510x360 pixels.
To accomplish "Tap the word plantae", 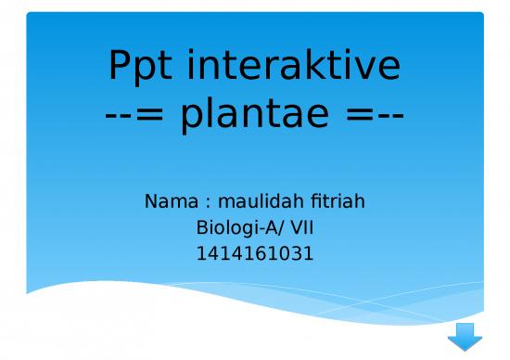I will pos(255,116).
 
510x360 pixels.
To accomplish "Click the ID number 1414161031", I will pos(255,251).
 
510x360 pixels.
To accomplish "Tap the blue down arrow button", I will pos(465,335).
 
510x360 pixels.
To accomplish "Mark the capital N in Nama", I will pos(152,201).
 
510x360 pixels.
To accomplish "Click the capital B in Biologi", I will pos(203,226).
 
